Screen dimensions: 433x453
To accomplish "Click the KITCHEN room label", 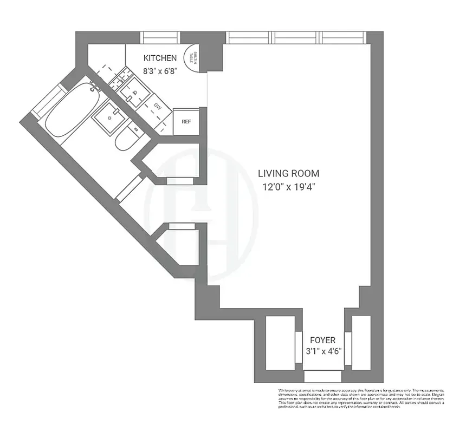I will [160, 58].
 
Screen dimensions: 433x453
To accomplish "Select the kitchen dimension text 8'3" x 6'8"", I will [160, 70].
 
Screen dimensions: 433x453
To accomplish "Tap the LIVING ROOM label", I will [288, 174].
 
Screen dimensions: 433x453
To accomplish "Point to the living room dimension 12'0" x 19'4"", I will [288, 187].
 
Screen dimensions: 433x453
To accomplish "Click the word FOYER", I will [322, 340].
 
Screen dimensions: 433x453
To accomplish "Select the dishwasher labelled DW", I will [158, 106].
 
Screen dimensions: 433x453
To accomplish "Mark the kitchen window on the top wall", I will [160, 37].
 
